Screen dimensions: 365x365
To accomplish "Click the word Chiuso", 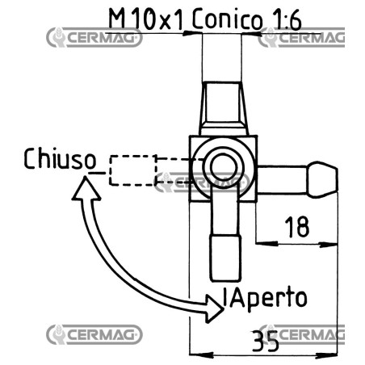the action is point(60,159).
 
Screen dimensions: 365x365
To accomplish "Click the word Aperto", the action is point(267,298).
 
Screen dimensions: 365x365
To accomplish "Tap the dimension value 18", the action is point(297,227).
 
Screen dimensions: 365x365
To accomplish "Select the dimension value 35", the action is point(265,341).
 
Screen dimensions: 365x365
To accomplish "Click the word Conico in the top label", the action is point(227,19).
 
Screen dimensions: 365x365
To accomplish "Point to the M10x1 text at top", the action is point(146,19).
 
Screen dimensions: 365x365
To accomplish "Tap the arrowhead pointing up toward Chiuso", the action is point(86,188).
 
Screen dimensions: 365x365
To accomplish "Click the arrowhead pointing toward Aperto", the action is point(215,308).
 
